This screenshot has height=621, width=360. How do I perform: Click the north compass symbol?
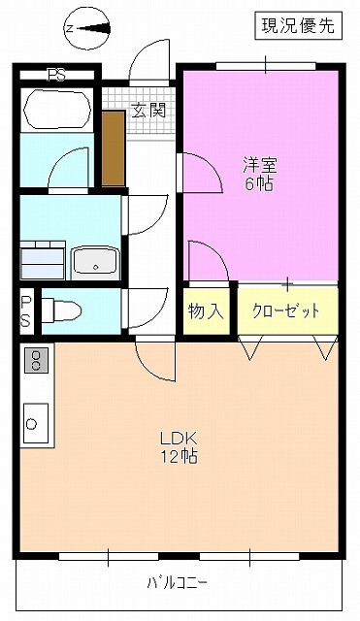coord(86,28)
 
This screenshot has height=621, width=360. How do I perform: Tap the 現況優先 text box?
coord(298,26)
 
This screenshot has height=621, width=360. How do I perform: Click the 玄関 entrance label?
coord(147,110)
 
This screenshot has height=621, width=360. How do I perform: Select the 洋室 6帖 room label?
coord(258,175)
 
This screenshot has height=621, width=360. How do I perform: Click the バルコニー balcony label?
coord(176,583)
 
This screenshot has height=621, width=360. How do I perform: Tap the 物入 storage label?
coord(206,311)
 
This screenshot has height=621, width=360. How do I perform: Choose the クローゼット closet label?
coord(285,311)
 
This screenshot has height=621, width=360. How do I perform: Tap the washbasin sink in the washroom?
coord(95,260)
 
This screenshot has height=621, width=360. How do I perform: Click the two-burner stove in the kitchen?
coord(36,361)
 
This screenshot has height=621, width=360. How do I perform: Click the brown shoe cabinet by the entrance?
coord(113,149)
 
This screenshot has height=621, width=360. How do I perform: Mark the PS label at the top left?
coord(57,74)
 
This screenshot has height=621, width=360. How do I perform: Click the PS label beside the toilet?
coord(25,310)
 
